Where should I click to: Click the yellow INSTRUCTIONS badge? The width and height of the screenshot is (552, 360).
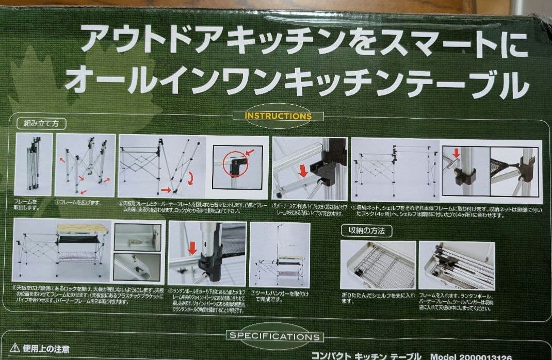click(278, 116)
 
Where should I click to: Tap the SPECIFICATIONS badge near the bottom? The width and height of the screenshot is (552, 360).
click(274, 337)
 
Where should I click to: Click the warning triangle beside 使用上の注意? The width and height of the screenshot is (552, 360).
click(15, 348)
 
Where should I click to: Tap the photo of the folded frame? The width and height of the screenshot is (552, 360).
click(34, 164)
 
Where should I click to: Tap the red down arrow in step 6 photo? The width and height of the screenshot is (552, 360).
click(192, 248)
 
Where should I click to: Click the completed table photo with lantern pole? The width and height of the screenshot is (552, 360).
click(279, 255)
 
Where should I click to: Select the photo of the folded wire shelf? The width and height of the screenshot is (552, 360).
click(378, 265)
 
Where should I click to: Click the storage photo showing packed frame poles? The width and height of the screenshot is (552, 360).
click(456, 265)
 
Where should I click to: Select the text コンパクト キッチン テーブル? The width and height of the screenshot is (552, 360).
click(366, 356)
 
